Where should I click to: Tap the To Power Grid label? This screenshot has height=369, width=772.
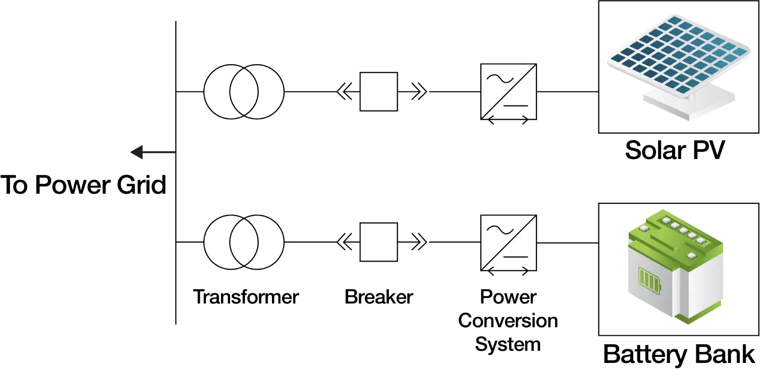tap(83, 185)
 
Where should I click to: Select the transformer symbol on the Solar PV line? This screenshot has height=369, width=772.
tap(244, 92)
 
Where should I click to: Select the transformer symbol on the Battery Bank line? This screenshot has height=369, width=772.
tap(244, 242)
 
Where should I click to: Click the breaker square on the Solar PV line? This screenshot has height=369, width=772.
tap(378, 92)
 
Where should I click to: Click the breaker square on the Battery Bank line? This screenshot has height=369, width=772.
tap(378, 242)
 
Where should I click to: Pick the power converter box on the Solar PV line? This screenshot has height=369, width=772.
tap(508, 91)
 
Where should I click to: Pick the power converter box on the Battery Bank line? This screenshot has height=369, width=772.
tap(508, 243)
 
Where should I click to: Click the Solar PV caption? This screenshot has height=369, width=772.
tap(675, 150)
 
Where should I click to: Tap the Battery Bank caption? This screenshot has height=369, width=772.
tap(679, 354)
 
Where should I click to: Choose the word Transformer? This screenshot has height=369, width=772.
tap(246, 297)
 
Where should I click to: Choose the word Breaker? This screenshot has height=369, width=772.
tap(378, 297)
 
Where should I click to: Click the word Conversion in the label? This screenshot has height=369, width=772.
tap(508, 321)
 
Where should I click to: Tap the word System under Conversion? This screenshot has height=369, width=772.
tap(508, 344)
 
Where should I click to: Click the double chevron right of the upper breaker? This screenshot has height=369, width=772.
tap(419, 92)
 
